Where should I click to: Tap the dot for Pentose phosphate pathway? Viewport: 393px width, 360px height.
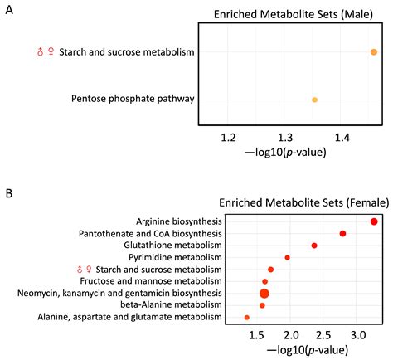click(314, 100)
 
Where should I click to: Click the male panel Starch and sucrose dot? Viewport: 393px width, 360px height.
click(374, 52)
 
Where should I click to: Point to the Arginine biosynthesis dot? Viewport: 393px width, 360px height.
click(374, 221)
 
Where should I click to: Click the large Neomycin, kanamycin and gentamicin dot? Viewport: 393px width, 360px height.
click(264, 294)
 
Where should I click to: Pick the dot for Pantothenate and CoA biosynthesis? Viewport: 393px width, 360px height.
click(342, 234)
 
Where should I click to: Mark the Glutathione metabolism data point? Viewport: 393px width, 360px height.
click(314, 246)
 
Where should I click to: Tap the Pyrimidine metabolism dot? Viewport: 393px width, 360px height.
click(287, 257)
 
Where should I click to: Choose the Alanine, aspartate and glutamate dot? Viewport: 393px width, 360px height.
click(246, 318)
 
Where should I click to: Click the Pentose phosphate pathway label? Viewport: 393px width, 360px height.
click(133, 100)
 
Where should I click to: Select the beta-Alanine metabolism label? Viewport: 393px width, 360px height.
click(172, 305)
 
